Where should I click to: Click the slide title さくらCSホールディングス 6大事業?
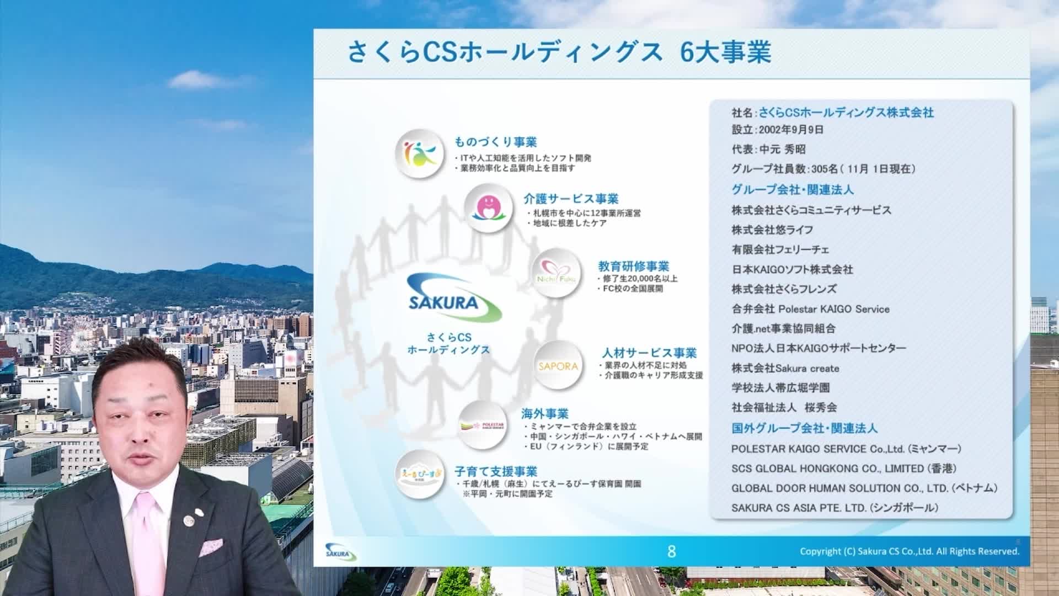pyautogui.click(x=559, y=54)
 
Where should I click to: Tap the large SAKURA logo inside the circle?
pyautogui.click(x=453, y=299)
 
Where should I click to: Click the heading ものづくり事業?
pyautogui.click(x=495, y=142)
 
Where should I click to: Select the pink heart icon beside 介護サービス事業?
pyautogui.click(x=488, y=207)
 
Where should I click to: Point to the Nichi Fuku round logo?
pyautogui.click(x=556, y=273)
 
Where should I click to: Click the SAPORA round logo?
pyautogui.click(x=558, y=366)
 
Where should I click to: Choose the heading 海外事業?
pyautogui.click(x=544, y=414)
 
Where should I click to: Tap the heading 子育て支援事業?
pyautogui.click(x=495, y=472)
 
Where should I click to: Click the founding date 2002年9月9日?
pyautogui.click(x=791, y=130)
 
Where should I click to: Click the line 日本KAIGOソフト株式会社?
pyautogui.click(x=792, y=270)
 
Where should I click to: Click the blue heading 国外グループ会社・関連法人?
pyautogui.click(x=804, y=428)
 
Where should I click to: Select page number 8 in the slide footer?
pyautogui.click(x=671, y=551)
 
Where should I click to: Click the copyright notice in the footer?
pyautogui.click(x=910, y=551)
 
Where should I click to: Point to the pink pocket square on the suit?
pyautogui.click(x=211, y=547)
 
